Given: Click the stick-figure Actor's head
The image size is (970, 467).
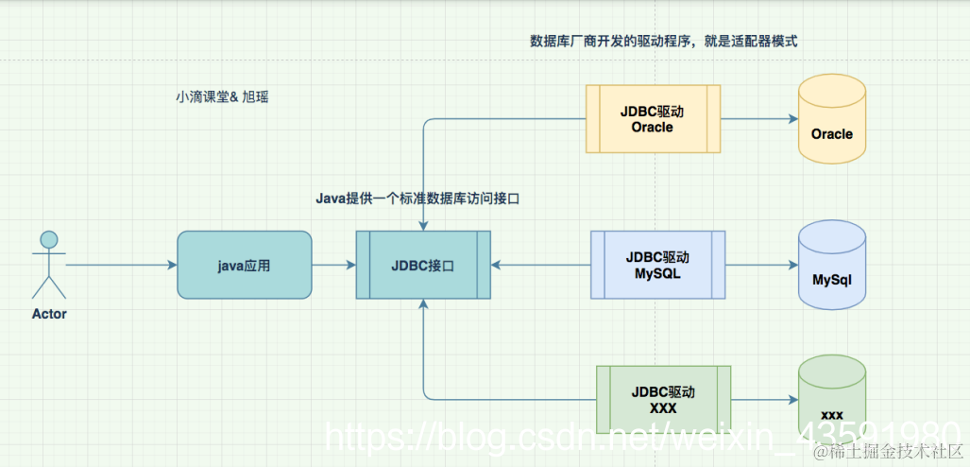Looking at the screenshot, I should pos(49,239).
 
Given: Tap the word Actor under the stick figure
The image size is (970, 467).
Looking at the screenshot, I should pos(49,313).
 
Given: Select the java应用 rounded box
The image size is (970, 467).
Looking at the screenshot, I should pos(244,265).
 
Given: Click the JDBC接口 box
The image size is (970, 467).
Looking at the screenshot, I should pos(423,265).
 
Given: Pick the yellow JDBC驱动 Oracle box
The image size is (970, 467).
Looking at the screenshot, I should pos(653,118).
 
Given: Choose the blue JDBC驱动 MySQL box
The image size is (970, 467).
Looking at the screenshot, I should pos(657,265).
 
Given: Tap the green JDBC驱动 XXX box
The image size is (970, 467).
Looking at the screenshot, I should pos(664,399).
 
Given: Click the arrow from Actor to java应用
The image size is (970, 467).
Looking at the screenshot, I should pos(121,265).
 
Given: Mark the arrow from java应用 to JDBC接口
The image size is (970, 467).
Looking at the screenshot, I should pos(333,265).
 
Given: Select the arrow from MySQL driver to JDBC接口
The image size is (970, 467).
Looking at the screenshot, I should pos(540,265).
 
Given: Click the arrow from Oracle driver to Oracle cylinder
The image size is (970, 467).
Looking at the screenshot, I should pos(758,119).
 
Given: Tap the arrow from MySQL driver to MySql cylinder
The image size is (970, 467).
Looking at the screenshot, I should pos(760,265).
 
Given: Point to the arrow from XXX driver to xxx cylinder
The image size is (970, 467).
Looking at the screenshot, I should pos(763,399).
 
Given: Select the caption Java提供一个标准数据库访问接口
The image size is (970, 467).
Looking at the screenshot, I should pos(418,199).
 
